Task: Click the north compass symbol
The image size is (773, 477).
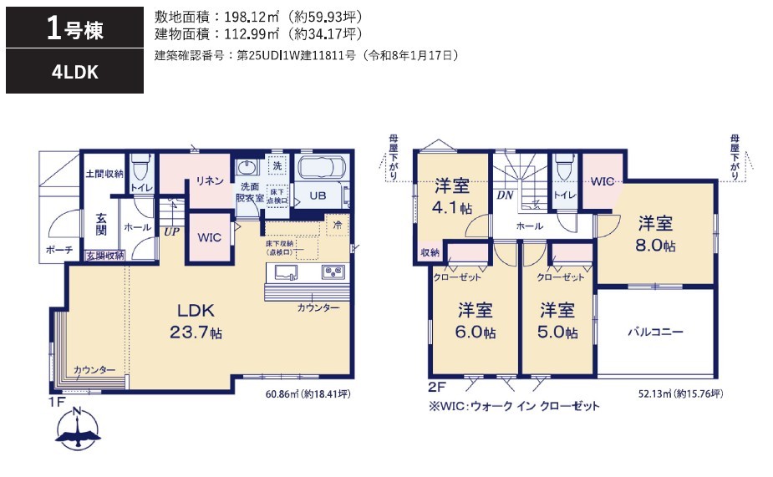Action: (x=78, y=428)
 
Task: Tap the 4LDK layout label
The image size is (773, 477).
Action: (x=75, y=73)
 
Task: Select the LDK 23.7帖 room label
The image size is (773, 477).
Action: (x=196, y=321)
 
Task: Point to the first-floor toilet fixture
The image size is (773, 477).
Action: (x=142, y=168)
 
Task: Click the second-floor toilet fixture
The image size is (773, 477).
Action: (x=564, y=168)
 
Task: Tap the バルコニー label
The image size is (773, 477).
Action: (x=655, y=332)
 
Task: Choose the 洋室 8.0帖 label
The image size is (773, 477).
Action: (x=655, y=234)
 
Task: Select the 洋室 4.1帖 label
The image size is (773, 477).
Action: (x=451, y=196)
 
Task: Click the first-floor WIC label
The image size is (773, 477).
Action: (x=210, y=237)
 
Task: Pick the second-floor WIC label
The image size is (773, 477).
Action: (x=602, y=181)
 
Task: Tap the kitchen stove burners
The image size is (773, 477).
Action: (x=333, y=271)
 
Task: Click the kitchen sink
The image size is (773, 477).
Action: (x=286, y=272)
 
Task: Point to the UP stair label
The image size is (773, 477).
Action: (x=171, y=231)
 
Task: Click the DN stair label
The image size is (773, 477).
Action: (x=505, y=195)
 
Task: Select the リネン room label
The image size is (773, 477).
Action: (x=210, y=180)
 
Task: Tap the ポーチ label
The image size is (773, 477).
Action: (x=59, y=250)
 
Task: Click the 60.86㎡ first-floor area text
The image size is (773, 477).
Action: (x=308, y=393)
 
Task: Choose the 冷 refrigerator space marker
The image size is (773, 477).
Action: (x=338, y=225)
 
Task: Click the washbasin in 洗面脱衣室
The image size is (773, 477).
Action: (x=247, y=168)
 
